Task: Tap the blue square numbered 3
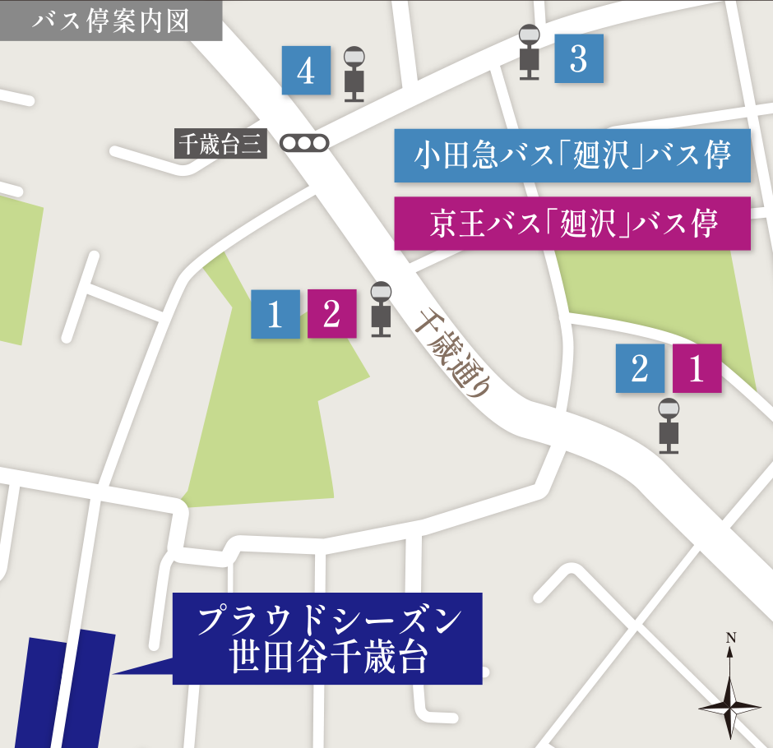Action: [x=579, y=59]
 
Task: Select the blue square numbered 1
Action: [x=275, y=314]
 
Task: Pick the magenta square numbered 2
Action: [x=332, y=314]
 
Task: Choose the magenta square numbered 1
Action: [x=697, y=368]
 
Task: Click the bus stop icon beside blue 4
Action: [x=354, y=74]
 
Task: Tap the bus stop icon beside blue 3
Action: [x=530, y=53]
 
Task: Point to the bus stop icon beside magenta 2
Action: [x=381, y=309]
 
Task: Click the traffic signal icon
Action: [x=304, y=143]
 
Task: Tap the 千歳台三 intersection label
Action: [x=221, y=144]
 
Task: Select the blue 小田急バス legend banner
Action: [x=572, y=155]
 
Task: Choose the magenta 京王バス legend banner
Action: [x=572, y=223]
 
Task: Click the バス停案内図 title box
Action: [x=111, y=21]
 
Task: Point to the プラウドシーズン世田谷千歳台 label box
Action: [x=327, y=639]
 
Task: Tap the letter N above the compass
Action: [x=730, y=638]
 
